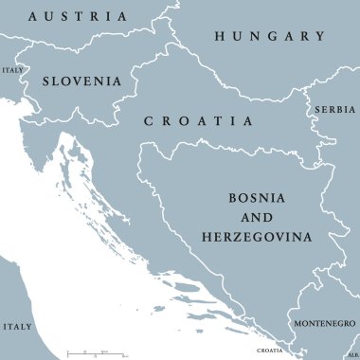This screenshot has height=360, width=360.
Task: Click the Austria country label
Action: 78,16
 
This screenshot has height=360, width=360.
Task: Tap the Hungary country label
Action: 269,36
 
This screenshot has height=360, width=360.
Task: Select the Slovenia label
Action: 81,81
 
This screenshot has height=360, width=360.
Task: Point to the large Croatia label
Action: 198,121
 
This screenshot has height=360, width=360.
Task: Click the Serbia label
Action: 335,110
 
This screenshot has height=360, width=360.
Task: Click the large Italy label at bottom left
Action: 16,326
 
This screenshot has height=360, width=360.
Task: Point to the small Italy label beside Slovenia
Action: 12,70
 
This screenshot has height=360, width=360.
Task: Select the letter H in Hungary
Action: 220,36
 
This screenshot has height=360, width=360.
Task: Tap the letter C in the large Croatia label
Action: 148,121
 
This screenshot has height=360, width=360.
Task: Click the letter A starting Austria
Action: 34,16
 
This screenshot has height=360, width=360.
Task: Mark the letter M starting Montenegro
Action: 296,324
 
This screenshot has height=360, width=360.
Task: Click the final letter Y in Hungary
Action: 319,36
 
